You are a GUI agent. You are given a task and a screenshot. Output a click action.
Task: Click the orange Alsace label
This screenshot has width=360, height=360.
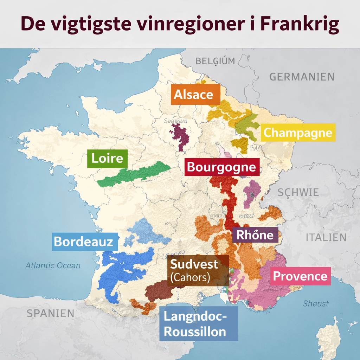(195, 94)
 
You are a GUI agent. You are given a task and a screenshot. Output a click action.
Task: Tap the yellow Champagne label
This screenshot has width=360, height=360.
(298, 133)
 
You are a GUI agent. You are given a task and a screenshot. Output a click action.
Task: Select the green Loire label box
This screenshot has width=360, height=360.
(107, 158)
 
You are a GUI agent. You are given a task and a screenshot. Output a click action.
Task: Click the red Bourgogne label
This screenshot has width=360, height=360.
(221, 167)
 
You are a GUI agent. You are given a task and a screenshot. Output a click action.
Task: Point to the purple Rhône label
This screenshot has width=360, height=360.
(255, 235)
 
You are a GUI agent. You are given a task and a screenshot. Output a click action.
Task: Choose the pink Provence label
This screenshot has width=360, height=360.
(300, 276)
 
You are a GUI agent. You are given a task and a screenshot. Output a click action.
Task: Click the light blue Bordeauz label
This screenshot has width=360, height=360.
(84, 242)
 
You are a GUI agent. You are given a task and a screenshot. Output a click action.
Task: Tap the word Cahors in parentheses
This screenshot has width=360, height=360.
(190, 277)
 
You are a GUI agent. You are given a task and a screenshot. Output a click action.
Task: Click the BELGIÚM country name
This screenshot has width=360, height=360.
(215, 61)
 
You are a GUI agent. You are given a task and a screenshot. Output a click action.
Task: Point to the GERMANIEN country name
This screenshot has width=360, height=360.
(302, 77)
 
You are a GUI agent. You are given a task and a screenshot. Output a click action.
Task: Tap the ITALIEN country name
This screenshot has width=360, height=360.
(326, 238)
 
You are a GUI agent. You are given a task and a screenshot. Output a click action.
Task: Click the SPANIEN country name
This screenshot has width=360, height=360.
(51, 313)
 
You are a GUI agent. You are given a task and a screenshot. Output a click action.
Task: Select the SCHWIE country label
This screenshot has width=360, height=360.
(298, 193)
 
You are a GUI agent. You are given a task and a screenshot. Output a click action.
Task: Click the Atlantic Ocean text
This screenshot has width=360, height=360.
(53, 266)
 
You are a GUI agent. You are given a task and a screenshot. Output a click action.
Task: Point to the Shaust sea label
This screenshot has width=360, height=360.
(316, 303)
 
